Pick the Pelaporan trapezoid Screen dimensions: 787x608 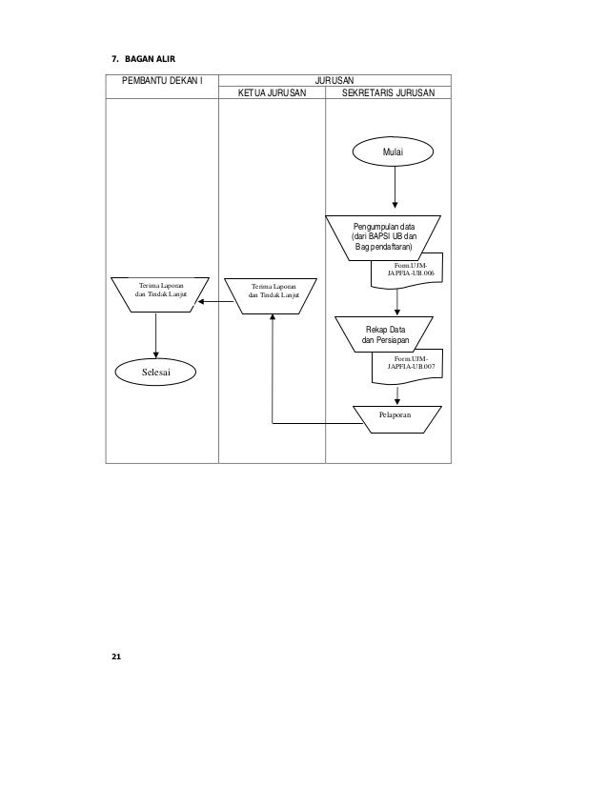pos(396,417)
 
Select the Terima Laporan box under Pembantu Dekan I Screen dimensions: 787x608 pos(156,290)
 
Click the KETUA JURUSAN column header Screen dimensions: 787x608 pos(273,93)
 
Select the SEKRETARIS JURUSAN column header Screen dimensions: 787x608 pos(388,93)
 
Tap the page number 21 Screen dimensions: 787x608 pos(116,657)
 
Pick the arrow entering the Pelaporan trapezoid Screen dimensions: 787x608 pos(396,393)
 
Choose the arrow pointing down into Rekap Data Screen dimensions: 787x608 pos(396,303)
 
